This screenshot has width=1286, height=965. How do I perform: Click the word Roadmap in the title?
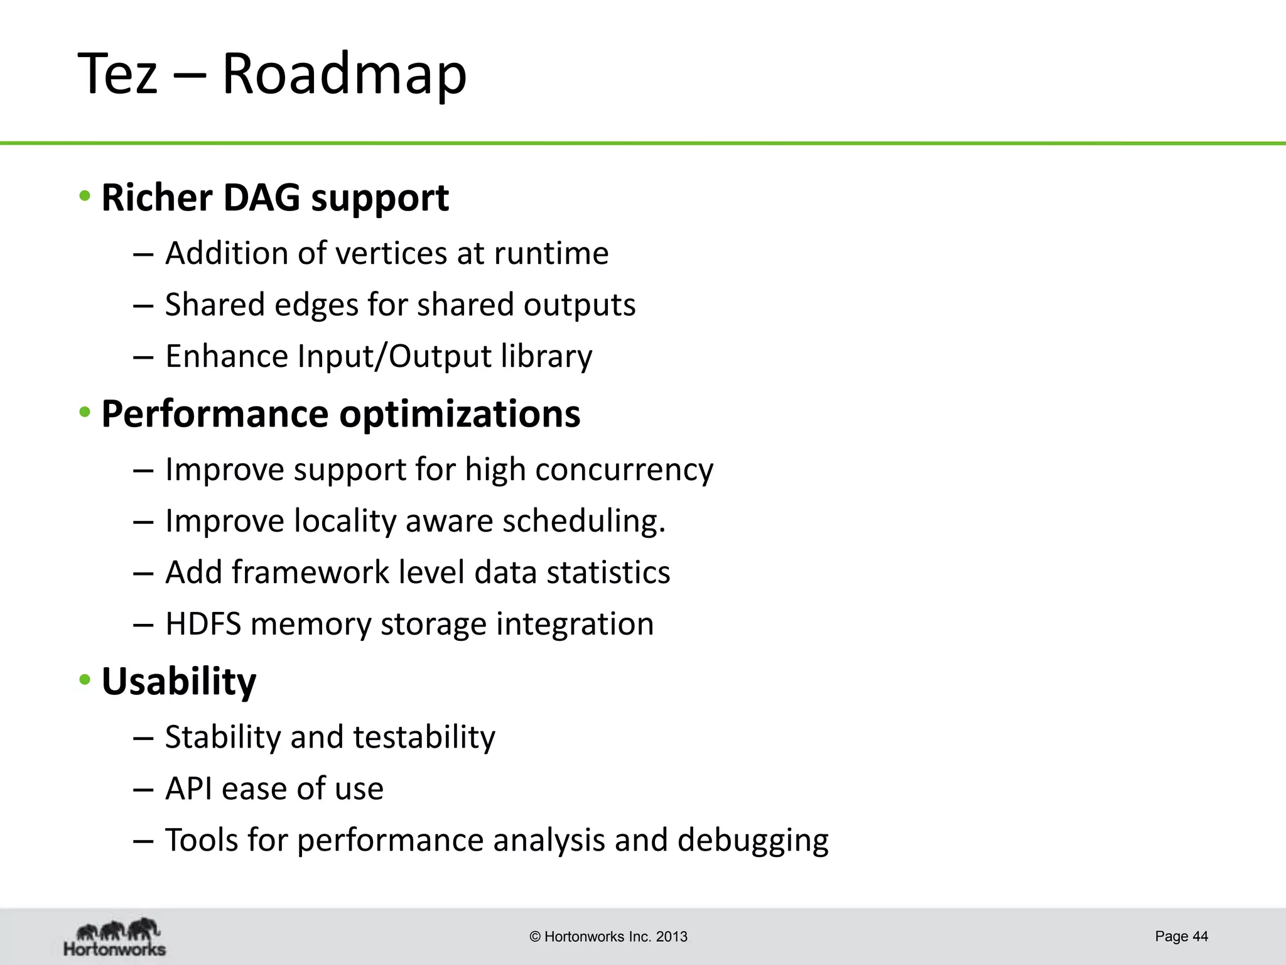click(344, 74)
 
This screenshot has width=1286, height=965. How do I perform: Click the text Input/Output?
click(394, 356)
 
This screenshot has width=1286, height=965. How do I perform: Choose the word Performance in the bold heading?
click(215, 414)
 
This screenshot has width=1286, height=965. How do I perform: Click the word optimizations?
click(460, 414)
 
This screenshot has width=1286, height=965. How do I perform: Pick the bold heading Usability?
click(179, 682)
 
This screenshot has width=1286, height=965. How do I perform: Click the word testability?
click(424, 737)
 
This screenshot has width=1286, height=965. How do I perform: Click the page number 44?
click(1200, 936)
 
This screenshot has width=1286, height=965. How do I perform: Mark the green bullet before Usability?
click(85, 680)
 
